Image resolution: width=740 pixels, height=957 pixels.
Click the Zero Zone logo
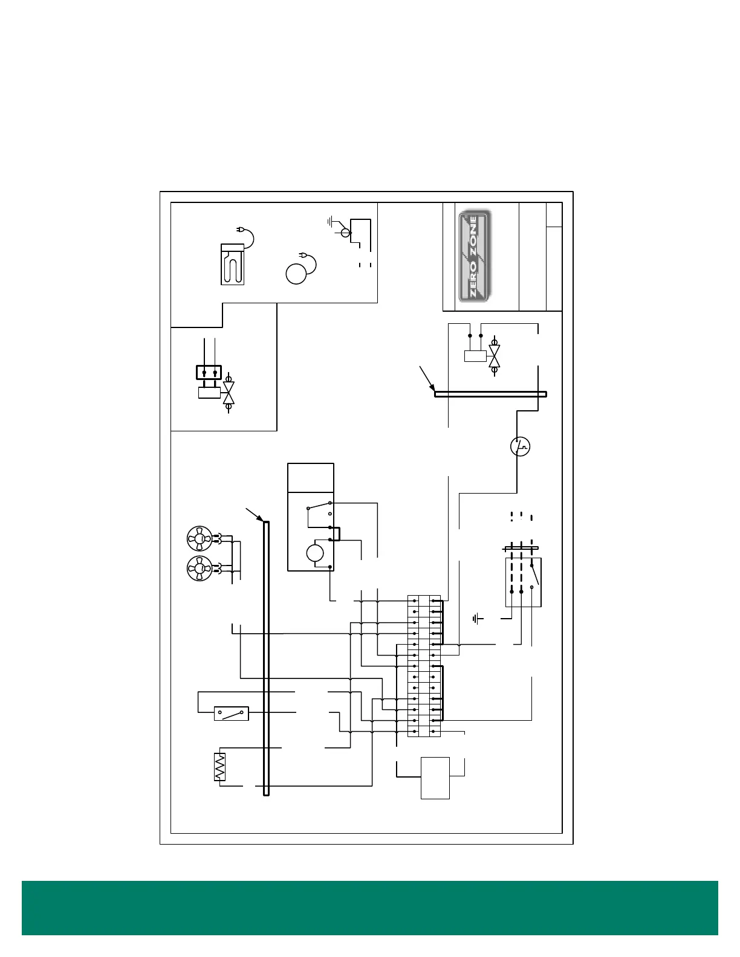click(x=475, y=256)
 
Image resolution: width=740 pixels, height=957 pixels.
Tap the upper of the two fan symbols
click(x=200, y=538)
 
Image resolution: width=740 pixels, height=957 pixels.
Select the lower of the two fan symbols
click(x=200, y=569)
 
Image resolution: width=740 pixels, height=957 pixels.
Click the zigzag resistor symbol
click(x=219, y=767)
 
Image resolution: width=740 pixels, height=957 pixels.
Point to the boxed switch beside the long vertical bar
click(x=232, y=714)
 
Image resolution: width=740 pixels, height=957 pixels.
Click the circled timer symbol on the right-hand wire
click(x=520, y=446)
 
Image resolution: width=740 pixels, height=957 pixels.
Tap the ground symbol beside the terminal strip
click(x=478, y=618)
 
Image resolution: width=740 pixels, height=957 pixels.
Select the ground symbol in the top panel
click(x=331, y=221)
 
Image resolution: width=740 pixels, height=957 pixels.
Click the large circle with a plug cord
click(x=296, y=274)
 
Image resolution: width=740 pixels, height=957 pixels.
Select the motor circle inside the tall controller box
click(x=315, y=553)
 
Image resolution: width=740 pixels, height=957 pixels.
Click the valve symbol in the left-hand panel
click(x=229, y=393)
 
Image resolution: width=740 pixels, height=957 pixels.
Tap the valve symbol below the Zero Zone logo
click(x=495, y=355)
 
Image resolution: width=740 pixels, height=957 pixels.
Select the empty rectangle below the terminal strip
click(x=435, y=778)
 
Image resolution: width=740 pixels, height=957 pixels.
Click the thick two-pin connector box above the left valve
click(x=209, y=372)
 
